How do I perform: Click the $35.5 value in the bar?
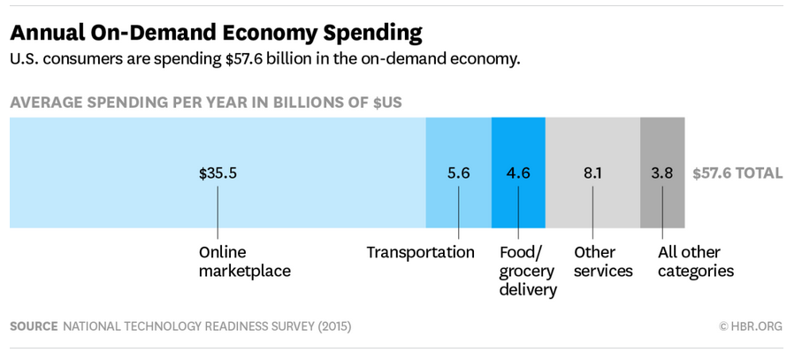click(x=218, y=173)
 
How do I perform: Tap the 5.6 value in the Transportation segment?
click(x=458, y=173)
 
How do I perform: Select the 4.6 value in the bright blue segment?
click(x=518, y=173)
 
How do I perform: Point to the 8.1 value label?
click(x=592, y=173)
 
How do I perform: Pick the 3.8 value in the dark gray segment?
click(x=661, y=173)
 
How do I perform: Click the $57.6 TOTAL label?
click(x=737, y=173)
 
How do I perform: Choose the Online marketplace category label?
click(x=244, y=262)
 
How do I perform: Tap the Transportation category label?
click(x=421, y=252)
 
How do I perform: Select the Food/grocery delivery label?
click(x=528, y=271)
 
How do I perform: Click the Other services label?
click(x=603, y=262)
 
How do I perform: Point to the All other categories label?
click(x=696, y=262)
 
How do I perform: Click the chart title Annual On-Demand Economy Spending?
click(x=216, y=34)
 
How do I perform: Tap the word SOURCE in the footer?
click(x=34, y=326)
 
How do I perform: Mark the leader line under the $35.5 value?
click(x=218, y=211)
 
